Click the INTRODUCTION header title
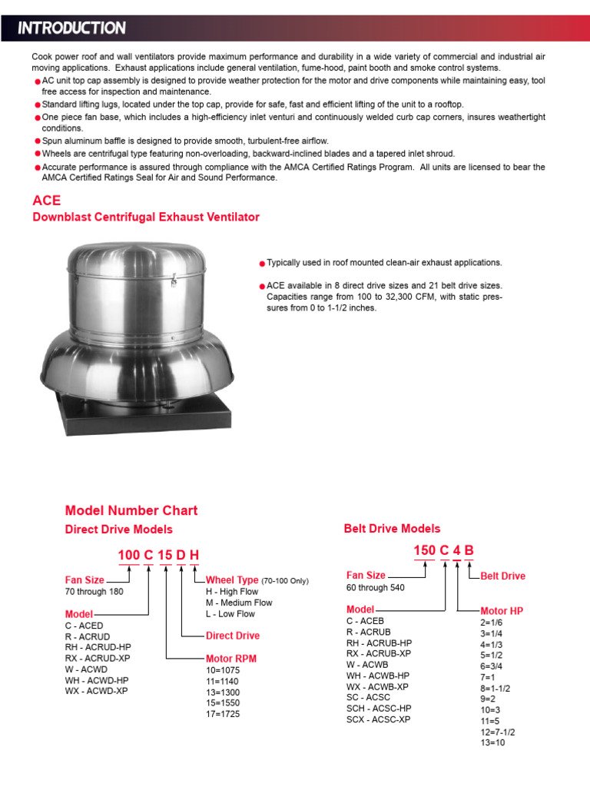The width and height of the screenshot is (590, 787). (x=71, y=28)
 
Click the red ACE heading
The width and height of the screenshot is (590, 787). (x=46, y=201)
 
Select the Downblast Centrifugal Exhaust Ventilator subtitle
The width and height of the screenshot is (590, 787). (x=146, y=218)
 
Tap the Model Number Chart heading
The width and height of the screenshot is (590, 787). (x=131, y=510)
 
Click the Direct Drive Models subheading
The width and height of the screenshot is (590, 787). (x=119, y=530)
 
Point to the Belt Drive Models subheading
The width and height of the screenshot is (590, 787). (x=392, y=529)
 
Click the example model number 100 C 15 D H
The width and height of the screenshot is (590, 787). (x=158, y=556)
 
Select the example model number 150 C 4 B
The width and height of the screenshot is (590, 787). (x=443, y=550)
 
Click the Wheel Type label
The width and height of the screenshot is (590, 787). (x=232, y=580)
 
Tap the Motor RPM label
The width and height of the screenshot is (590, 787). (x=231, y=659)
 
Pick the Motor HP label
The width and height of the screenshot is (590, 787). (x=502, y=611)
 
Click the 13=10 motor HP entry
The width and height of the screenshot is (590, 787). (x=493, y=743)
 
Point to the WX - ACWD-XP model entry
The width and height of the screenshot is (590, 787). (x=97, y=691)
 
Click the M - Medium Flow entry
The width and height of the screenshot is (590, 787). (x=239, y=603)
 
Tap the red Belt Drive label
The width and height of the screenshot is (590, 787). (x=503, y=576)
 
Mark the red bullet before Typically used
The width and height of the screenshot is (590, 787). (x=262, y=264)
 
